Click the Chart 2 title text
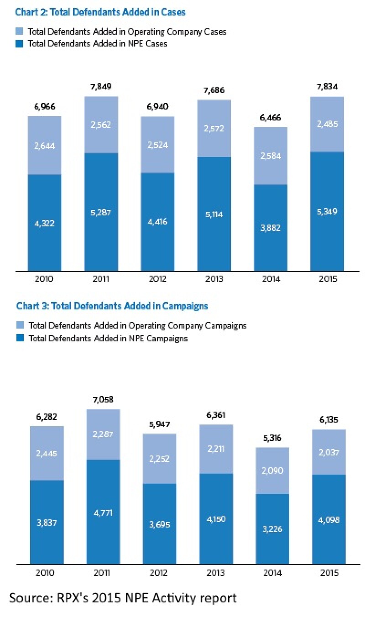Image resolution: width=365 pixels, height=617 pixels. (x=101, y=12)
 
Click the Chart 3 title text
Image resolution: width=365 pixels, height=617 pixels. (x=112, y=306)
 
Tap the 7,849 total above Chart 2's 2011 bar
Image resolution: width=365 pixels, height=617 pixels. (x=101, y=87)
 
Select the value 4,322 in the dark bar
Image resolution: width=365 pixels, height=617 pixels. (x=45, y=224)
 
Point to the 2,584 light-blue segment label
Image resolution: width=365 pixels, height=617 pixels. (x=271, y=156)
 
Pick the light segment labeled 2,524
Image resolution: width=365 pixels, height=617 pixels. (x=157, y=145)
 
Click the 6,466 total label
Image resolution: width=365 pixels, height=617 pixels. (x=271, y=118)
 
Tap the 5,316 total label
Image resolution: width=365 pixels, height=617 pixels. (x=272, y=438)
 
